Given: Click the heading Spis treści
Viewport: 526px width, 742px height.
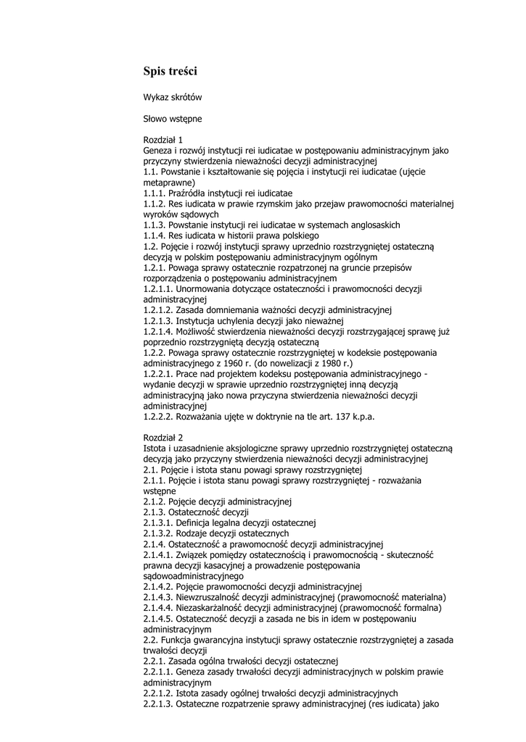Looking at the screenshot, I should point(170,71).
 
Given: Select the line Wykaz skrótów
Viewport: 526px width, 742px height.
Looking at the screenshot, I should point(172,97).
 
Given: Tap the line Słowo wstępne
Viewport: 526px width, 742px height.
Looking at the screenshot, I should point(173,118).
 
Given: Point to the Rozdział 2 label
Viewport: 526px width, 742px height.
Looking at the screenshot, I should point(163,438).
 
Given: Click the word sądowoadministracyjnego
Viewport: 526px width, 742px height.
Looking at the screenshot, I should point(194,576).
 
